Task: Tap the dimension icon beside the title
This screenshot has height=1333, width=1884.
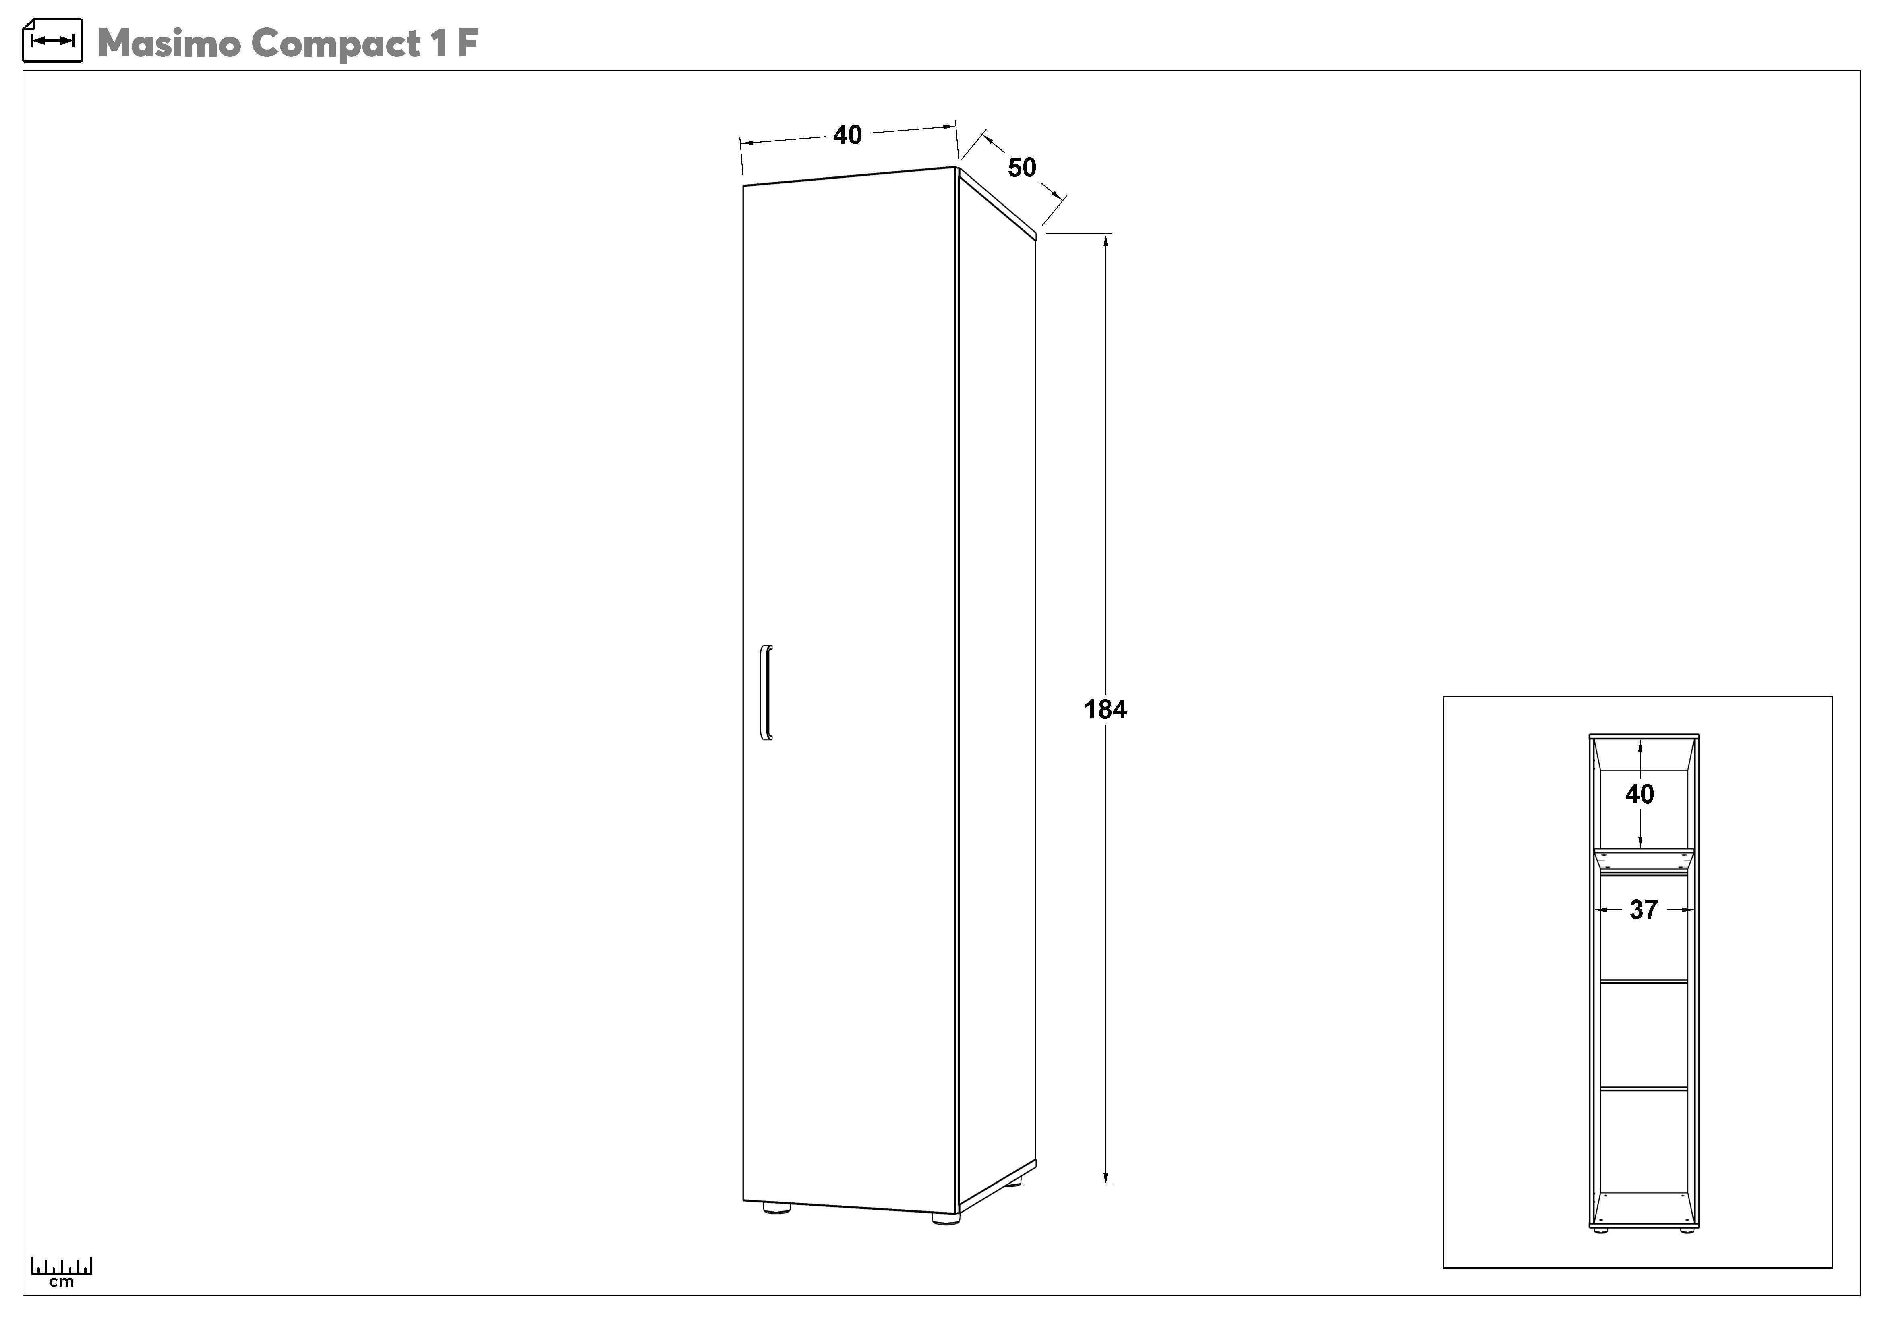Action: point(52,40)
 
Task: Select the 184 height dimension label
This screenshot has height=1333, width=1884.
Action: point(1105,709)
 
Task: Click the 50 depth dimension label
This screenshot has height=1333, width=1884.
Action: point(1022,168)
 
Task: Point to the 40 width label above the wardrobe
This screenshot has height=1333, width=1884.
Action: point(848,135)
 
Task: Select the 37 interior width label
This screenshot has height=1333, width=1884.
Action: point(1644,909)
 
